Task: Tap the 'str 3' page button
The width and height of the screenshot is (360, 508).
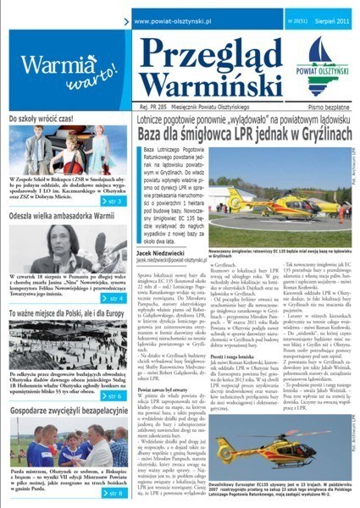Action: click(x=106, y=202)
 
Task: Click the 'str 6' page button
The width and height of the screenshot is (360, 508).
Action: click(x=106, y=395)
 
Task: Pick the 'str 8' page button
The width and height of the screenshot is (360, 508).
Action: click(x=106, y=492)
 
